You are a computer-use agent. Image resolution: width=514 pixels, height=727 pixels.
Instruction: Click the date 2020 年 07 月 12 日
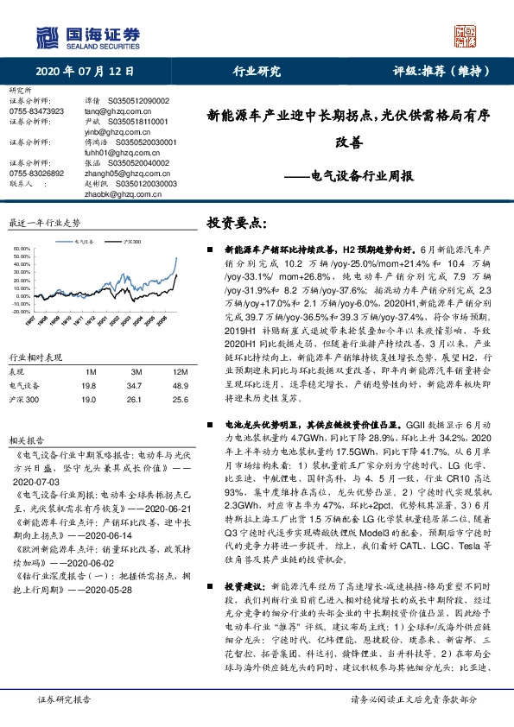pos(79,72)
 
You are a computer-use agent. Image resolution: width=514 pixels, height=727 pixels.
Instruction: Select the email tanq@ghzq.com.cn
pos(112,111)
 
